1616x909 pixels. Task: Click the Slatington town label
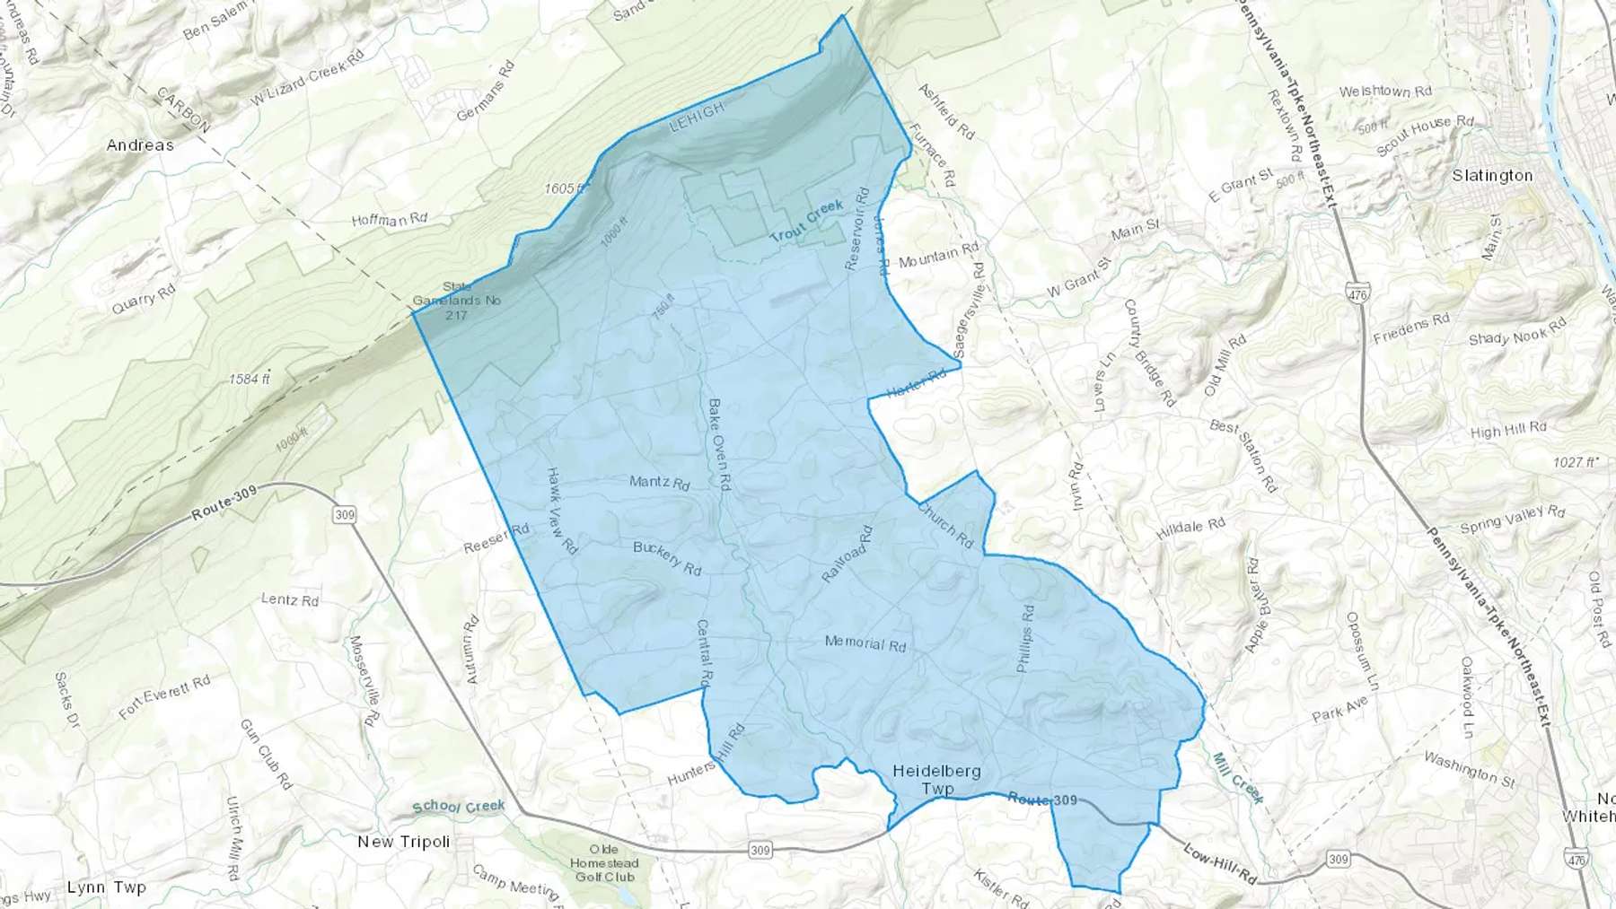coord(1492,176)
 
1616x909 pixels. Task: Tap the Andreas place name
coord(140,145)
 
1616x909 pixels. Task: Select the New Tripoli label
coord(404,842)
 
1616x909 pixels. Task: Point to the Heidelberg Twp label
coord(936,780)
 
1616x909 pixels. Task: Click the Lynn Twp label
coord(107,887)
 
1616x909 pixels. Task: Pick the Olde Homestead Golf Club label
coord(605,863)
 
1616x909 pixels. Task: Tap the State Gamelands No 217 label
coord(457,301)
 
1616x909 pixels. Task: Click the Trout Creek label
coord(807,221)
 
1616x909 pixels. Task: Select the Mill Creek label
coord(1238,777)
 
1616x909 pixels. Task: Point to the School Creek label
coord(459,806)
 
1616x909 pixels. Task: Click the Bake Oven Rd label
coord(719,444)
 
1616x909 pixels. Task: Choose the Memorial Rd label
coord(865,643)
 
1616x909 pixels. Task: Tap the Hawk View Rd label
coord(562,511)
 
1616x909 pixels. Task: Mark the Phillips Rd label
coord(1025,639)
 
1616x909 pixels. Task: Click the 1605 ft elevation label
coord(564,189)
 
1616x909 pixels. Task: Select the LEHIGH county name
coord(697,118)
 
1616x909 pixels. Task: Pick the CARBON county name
coord(183,109)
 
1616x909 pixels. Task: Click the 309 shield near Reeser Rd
coord(344,515)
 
